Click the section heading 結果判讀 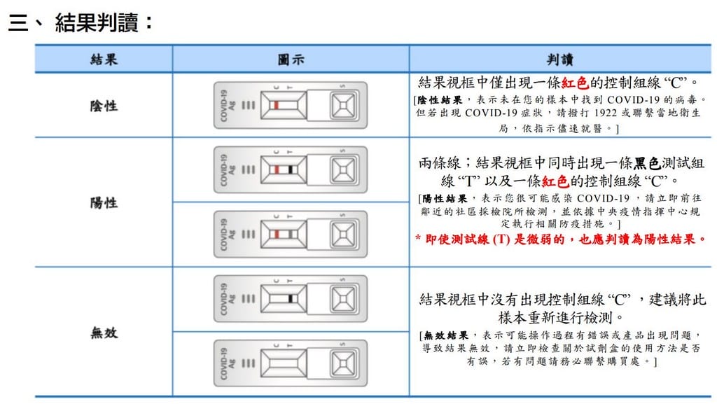[x=97, y=22]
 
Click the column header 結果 [x=104, y=60]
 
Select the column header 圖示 [x=291, y=60]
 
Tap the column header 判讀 [x=559, y=60]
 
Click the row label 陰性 [x=104, y=106]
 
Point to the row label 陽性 [x=104, y=202]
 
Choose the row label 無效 [x=104, y=333]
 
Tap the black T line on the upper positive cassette [x=291, y=170]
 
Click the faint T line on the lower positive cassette [x=291, y=235]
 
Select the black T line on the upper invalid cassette [x=291, y=299]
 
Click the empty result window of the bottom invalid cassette [x=284, y=363]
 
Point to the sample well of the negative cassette [x=343, y=106]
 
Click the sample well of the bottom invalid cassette [x=343, y=363]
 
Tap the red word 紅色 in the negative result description [x=575, y=83]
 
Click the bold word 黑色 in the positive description [x=647, y=163]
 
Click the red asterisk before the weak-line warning [x=418, y=238]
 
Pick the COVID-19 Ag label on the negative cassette [x=228, y=106]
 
